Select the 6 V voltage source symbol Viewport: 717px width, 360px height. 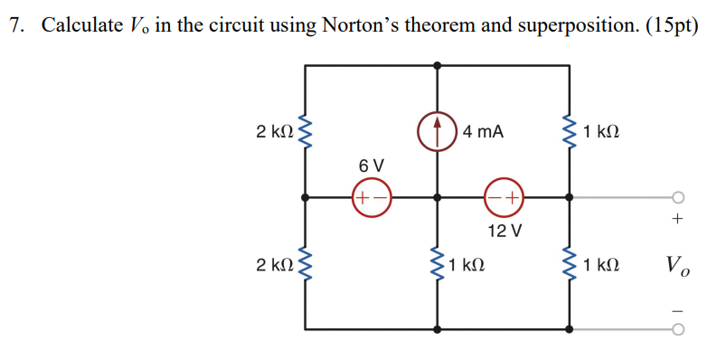[x=372, y=196]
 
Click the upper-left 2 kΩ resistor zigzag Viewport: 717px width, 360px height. [x=305, y=132]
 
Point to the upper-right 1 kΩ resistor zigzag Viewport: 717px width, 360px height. [x=570, y=132]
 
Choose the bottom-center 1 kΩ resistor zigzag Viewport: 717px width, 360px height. [x=438, y=264]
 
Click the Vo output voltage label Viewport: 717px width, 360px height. [x=677, y=265]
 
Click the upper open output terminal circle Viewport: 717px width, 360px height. [x=678, y=196]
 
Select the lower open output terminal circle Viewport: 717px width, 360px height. [x=678, y=329]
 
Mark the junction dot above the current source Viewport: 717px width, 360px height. [x=438, y=65]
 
